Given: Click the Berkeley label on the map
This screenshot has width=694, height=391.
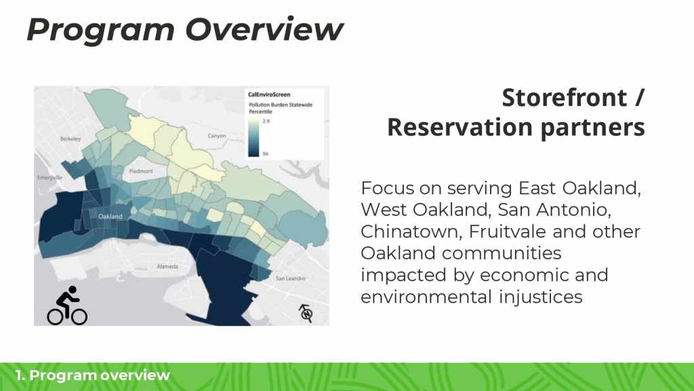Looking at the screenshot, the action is coord(70,138).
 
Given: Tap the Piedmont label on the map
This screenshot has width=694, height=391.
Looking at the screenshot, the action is coord(141,171).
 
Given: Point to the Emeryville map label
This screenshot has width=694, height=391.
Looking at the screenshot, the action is coord(50,177).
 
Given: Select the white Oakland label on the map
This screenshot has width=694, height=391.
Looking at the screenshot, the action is coord(110,217).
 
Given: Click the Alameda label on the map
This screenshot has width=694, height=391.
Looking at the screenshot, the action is coord(168,266).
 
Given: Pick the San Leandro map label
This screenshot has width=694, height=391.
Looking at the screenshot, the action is coord(291,278).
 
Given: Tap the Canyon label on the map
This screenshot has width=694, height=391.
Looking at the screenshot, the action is coord(217,136).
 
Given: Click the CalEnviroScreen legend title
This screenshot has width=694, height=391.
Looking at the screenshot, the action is coord(269,94).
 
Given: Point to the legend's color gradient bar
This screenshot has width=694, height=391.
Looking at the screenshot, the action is coord(253,137).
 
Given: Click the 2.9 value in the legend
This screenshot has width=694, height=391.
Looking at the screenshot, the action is coord(266,121).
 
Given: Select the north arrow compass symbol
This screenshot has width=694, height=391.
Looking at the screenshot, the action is coord(306,314).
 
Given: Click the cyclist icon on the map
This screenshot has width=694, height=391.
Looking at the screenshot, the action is coord(67,305).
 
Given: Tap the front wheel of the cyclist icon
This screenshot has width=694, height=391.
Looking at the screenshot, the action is coord(79,316).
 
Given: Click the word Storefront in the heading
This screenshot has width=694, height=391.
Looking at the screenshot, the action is coord(565,98).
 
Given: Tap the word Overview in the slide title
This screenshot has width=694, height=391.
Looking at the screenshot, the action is coord(264,30).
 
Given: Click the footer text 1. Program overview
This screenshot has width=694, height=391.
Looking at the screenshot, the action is coord(92,375).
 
